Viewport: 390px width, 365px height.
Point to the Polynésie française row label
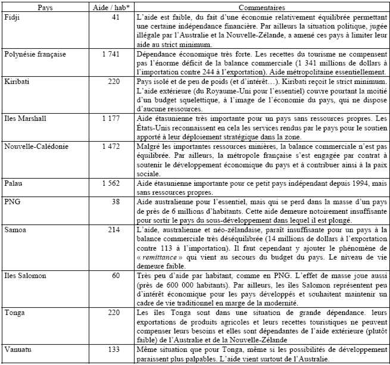coord(35,54)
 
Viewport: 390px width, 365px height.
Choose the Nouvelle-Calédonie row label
coord(33,145)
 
